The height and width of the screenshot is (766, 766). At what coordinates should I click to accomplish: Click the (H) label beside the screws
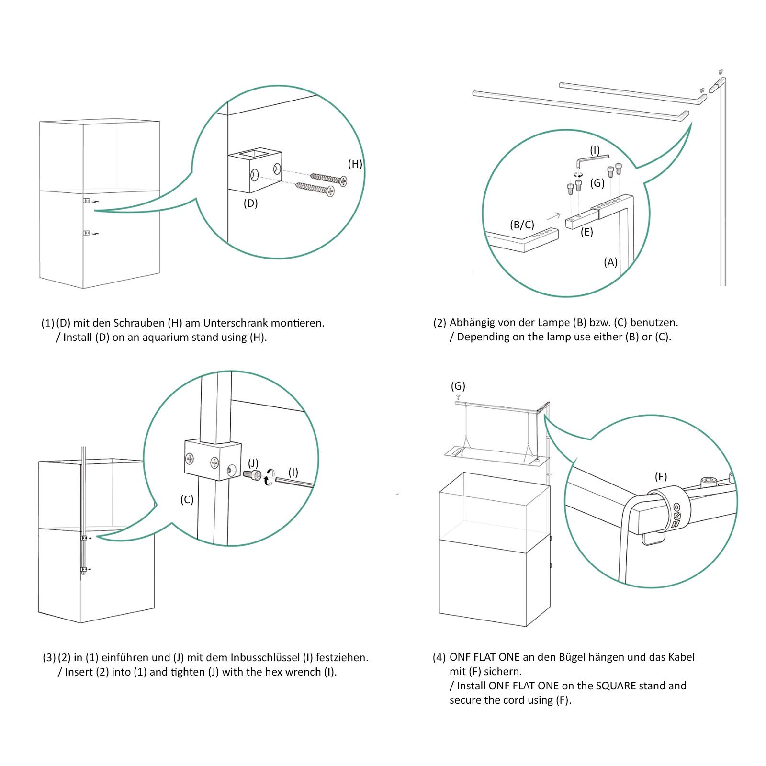coord(355,164)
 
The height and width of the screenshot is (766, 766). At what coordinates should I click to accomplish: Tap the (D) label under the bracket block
coord(250,203)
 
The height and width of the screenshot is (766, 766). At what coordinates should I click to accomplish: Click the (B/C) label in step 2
coord(522,225)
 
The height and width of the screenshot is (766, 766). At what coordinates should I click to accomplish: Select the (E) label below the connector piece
coord(586,232)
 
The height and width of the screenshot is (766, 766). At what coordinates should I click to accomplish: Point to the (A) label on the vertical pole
coord(610,262)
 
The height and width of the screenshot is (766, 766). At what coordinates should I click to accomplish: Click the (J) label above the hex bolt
coord(253,463)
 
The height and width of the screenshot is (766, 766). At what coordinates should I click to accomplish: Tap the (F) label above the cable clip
coord(661,476)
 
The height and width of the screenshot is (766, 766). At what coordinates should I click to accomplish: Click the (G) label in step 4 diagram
coord(458,386)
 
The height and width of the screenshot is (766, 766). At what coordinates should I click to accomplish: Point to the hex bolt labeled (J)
coord(252,474)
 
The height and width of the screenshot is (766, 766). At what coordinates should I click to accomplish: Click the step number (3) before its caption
coord(49,658)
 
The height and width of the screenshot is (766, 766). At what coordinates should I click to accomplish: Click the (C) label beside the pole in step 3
coord(187,499)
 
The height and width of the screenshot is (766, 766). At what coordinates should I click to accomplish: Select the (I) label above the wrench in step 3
coord(293,473)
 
